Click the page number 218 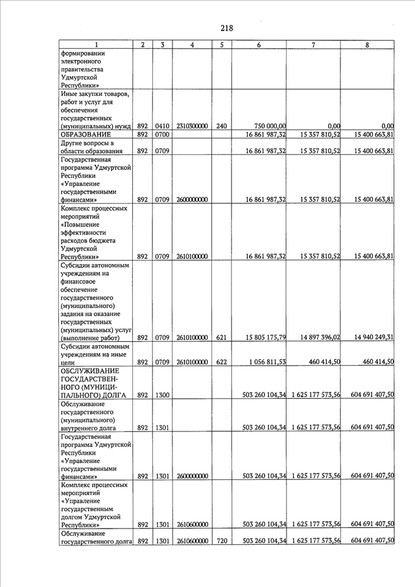pos(226,28)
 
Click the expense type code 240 pos(221,126)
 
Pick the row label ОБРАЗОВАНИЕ pos(86,134)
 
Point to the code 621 pos(221,337)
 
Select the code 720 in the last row pos(221,541)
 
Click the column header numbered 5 pos(221,44)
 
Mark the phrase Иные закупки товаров pos(95,93)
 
